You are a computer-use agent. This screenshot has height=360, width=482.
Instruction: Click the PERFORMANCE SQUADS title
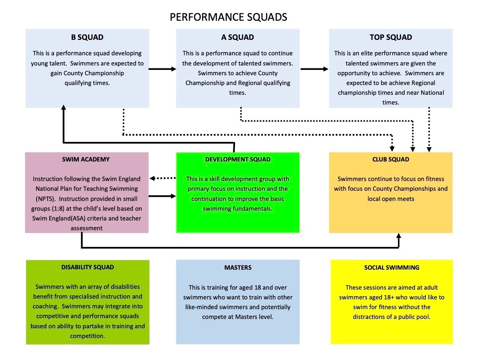(228, 17)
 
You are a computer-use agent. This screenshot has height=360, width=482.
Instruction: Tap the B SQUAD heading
(87, 37)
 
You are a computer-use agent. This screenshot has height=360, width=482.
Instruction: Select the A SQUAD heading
(238, 37)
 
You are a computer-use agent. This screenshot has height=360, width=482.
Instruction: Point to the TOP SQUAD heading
(391, 37)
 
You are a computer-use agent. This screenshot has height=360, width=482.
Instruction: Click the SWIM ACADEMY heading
(86, 159)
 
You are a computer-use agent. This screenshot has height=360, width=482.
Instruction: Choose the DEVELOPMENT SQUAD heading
(238, 159)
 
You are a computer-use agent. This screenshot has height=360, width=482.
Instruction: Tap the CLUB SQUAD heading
(391, 159)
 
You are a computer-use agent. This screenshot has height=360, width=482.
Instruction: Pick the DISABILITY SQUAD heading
(88, 267)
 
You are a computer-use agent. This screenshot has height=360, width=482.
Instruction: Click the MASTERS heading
(238, 268)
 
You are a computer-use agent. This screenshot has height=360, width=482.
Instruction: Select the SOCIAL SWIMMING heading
(392, 268)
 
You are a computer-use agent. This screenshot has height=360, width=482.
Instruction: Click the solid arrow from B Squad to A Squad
(163, 69)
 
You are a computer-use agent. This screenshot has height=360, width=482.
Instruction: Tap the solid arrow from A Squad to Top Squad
(315, 69)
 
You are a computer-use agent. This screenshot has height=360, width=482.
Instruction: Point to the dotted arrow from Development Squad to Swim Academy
(163, 178)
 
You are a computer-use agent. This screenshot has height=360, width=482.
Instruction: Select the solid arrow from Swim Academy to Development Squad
(162, 196)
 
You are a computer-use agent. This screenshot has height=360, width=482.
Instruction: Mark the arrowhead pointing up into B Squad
(64, 108)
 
